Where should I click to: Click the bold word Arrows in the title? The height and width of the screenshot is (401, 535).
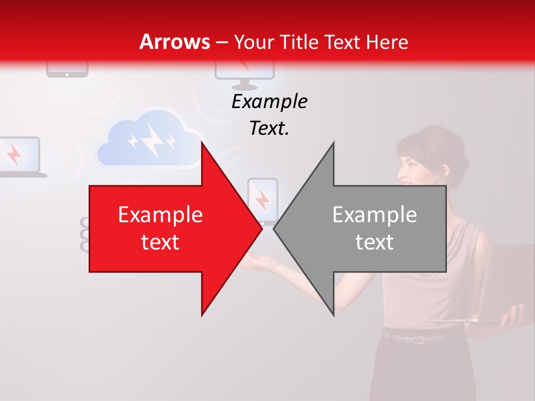[x=175, y=42]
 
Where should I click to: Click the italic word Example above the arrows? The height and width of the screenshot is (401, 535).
[x=269, y=101]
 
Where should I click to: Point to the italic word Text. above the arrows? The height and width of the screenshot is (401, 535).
[x=269, y=128]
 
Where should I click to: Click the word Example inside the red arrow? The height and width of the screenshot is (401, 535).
[x=160, y=214]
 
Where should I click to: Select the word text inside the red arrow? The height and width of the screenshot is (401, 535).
[x=160, y=242]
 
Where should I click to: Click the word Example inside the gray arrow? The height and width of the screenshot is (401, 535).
[x=374, y=214]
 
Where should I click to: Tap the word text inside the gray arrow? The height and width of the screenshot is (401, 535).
[x=374, y=242]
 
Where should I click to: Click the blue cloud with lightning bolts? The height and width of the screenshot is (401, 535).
[x=149, y=139]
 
